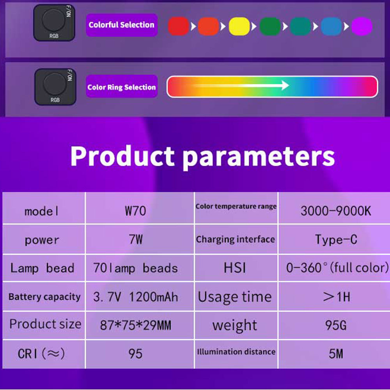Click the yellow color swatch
239,27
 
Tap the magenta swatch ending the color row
362,27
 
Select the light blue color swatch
331,27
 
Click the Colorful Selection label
122,25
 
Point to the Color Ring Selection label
122,87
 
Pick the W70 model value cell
136,211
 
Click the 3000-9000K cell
336,211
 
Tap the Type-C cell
336,239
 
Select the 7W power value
136,239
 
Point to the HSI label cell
235,268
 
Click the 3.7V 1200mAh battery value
136,297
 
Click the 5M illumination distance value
336,354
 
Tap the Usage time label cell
235,297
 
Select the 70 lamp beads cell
136,268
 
